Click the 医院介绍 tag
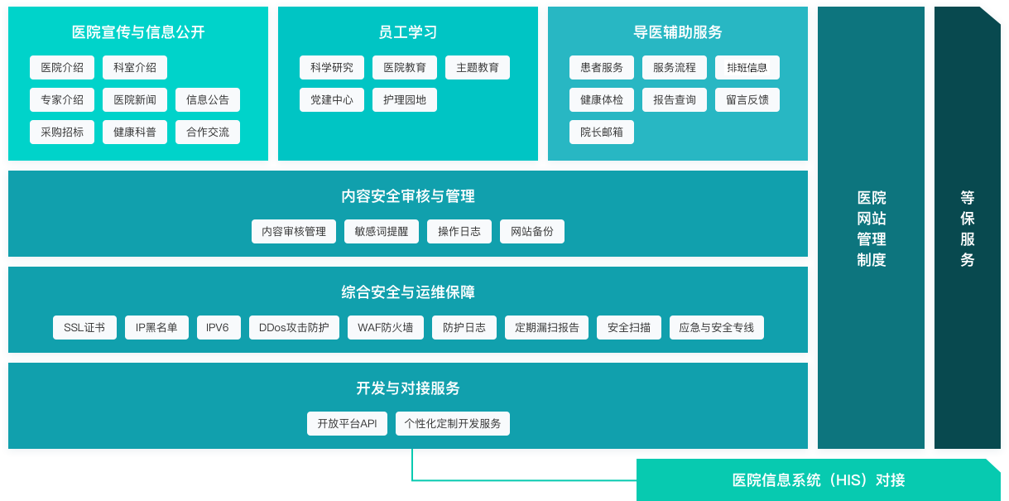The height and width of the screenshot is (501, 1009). pos(62,67)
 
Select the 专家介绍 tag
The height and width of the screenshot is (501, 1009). pos(62,99)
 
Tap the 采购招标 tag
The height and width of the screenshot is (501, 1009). pos(62,132)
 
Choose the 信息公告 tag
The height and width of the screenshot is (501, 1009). pos(208,99)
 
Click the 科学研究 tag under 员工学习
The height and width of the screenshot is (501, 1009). pos(332,67)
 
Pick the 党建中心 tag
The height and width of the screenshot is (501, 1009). pos(332,99)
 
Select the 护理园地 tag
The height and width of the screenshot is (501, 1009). pos(405,99)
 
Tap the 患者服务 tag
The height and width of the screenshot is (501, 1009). pos(602,67)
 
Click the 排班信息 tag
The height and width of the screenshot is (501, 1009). pos(747,67)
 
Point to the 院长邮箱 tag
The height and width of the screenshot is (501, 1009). pos(602,132)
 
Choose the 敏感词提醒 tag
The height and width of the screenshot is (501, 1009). pos(382,231)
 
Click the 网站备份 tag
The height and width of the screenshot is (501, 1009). pos(532,231)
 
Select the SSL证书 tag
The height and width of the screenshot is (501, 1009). pos(84,327)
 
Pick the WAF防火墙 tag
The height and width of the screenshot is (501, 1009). pos(386,327)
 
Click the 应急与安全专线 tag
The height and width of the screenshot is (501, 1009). pos(717,327)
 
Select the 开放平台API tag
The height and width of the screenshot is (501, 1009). pos(348,423)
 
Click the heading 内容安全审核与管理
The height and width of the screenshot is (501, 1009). pos(408,196)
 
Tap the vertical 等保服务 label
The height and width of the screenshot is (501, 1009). pos(968,229)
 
